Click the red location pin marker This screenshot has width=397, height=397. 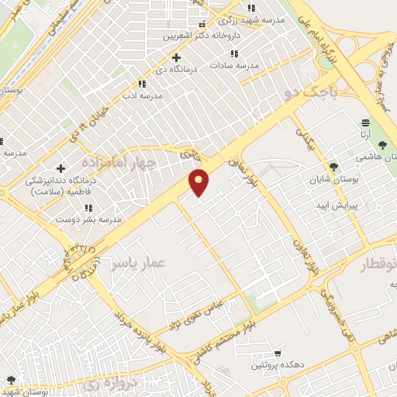point(200,183)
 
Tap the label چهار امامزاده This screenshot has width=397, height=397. point(118,161)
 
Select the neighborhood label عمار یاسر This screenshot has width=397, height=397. point(136,264)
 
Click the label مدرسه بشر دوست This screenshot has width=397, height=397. point(87,219)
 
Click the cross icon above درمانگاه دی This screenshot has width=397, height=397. point(177,57)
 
